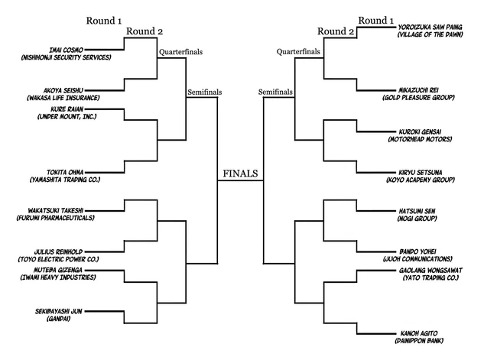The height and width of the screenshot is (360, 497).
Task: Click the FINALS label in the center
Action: click(x=240, y=174)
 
